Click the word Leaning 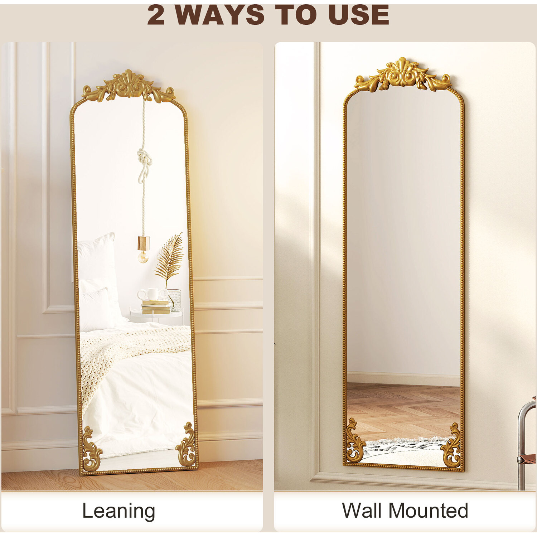(118, 511)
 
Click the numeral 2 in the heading (156, 15)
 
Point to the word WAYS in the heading (220, 15)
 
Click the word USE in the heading (359, 15)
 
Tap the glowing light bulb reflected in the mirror (143, 256)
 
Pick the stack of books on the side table (156, 307)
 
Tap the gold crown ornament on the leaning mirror (129, 86)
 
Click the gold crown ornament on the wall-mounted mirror (403, 74)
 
